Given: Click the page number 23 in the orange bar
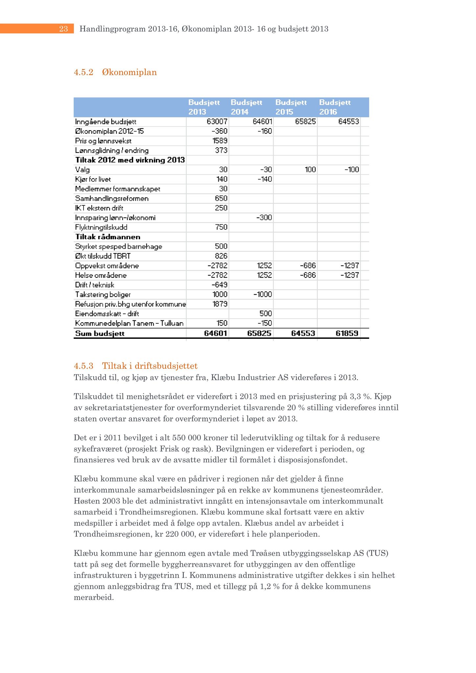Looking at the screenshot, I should tap(63, 29).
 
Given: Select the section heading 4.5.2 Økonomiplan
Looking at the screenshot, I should tap(115, 72).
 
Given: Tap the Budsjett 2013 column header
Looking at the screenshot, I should tap(204, 107).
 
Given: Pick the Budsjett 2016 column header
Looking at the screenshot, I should tap(335, 107).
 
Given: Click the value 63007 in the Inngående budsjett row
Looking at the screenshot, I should tap(217, 122).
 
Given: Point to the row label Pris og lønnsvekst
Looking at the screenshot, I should tap(103, 141).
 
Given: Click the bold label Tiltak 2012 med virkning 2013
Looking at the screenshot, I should tap(130, 160).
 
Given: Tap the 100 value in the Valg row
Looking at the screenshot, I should tap(310, 170).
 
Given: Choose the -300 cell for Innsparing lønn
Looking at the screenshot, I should tap(264, 218).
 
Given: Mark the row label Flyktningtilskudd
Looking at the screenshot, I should tap(101, 227).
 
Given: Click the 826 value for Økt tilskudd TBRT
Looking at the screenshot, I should tap(221, 256).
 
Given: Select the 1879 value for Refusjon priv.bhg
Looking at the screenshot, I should tap(219, 304).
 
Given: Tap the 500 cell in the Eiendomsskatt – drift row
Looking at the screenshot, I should tap(265, 313).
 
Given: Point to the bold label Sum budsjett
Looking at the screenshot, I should tap(100, 334).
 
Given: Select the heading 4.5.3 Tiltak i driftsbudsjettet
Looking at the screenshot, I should tap(136, 366).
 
